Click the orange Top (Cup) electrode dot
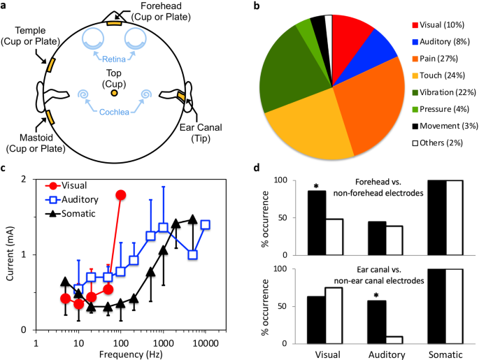(114, 92)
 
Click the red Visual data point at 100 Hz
(121, 194)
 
